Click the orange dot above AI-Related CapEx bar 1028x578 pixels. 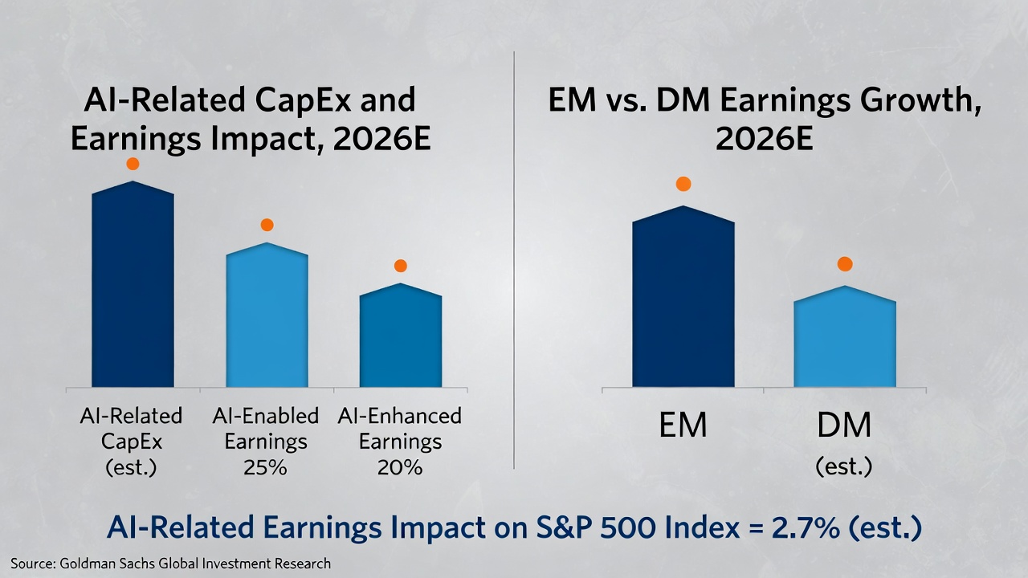click(133, 164)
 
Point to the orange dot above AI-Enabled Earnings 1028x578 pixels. click(267, 225)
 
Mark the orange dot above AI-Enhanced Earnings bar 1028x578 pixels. click(400, 266)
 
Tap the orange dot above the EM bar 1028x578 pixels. click(683, 184)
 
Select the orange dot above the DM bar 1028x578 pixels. click(844, 264)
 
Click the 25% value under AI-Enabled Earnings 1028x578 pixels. click(265, 467)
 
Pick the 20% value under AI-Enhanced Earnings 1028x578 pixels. click(399, 467)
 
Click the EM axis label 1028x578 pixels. click(683, 425)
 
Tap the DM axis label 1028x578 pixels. click(844, 425)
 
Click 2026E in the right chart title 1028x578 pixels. click(765, 140)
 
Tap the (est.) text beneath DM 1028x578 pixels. click(843, 466)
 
